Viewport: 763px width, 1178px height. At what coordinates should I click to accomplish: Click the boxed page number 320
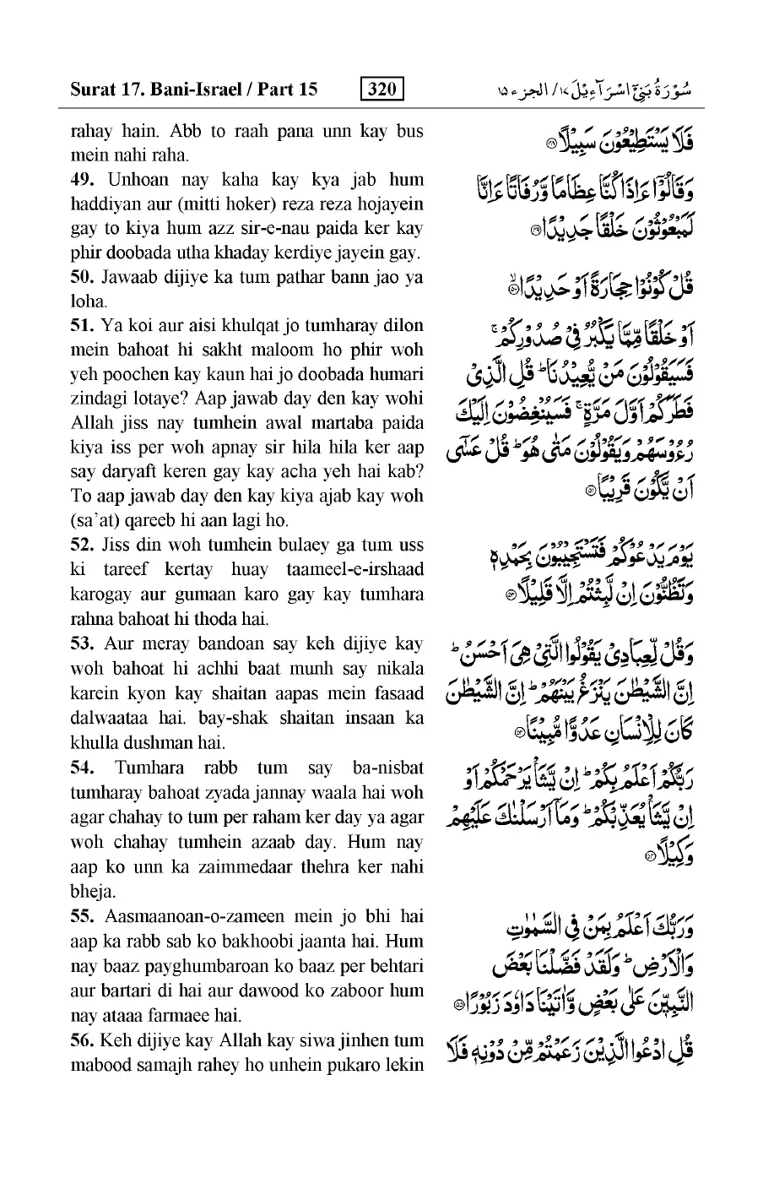click(381, 89)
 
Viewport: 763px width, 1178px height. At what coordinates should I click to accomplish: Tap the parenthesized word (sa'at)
click(96, 521)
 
